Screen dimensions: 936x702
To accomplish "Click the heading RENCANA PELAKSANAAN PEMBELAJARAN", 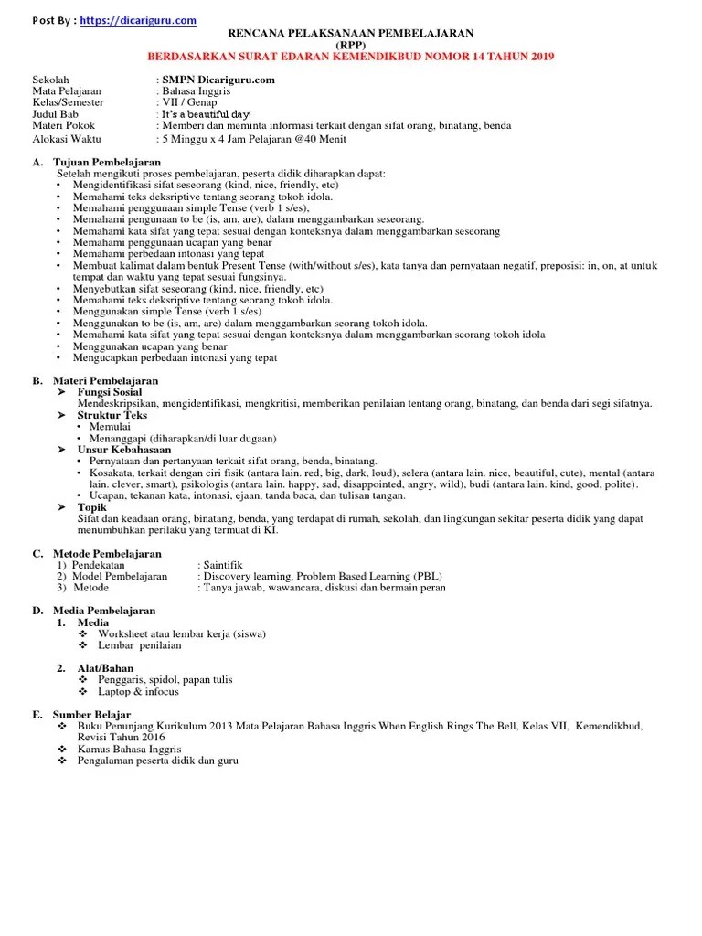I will pos(350,34).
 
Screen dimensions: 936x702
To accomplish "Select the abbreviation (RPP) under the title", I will pos(350,45).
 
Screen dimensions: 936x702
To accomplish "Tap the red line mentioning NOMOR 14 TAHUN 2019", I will pos(350,57).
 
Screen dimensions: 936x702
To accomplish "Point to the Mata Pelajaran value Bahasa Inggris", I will pos(197,91).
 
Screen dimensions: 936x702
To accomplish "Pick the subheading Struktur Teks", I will pos(112,415).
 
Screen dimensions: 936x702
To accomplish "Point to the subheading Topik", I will pos(92,507).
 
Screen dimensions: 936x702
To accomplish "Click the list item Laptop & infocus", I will pos(138,691).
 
